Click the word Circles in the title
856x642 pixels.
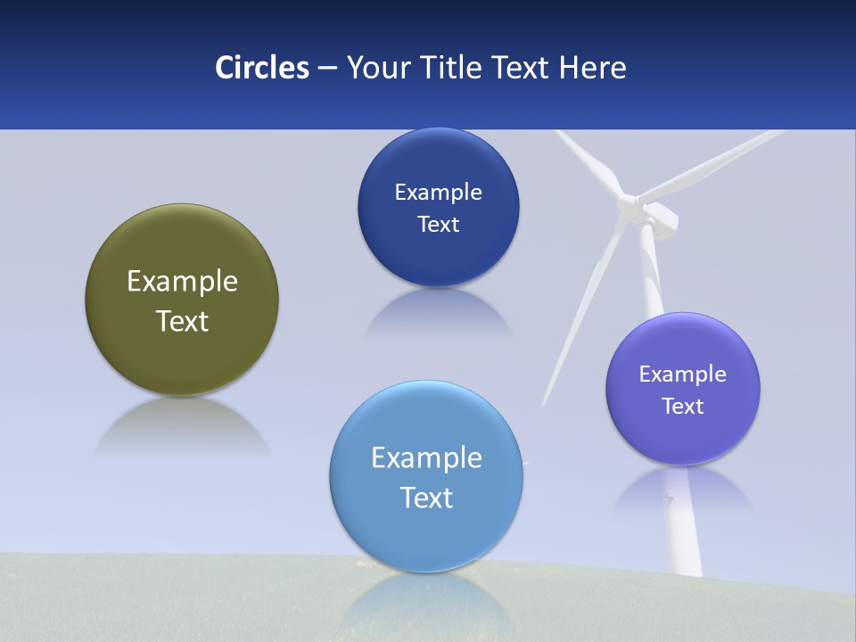tap(262, 68)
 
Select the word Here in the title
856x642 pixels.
tap(592, 68)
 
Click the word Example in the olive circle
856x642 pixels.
tap(182, 282)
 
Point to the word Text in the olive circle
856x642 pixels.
tap(182, 321)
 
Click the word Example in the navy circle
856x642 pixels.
tap(438, 193)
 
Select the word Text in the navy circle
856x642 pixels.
tap(438, 225)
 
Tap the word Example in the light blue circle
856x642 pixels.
tap(426, 458)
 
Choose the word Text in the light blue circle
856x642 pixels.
tap(426, 498)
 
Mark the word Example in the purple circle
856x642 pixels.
tap(683, 374)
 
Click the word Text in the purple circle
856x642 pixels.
tap(683, 407)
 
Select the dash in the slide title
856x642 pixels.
tap(327, 69)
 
